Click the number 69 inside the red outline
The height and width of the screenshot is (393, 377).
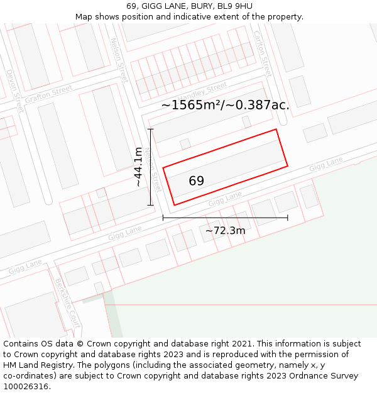pos(197,181)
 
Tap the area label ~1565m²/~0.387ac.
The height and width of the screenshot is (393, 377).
pos(226,105)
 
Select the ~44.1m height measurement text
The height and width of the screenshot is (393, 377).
pos(138,167)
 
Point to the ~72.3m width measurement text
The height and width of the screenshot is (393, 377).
pos(225,231)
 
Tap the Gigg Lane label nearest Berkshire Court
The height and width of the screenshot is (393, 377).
pos(26,267)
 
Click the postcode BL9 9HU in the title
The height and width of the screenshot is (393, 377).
pos(232,6)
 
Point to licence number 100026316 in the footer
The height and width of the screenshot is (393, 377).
pos(25,387)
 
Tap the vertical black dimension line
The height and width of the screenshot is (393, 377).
pos(151,167)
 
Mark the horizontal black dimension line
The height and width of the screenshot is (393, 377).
pos(225,218)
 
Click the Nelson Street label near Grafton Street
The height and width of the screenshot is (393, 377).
pos(119,59)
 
